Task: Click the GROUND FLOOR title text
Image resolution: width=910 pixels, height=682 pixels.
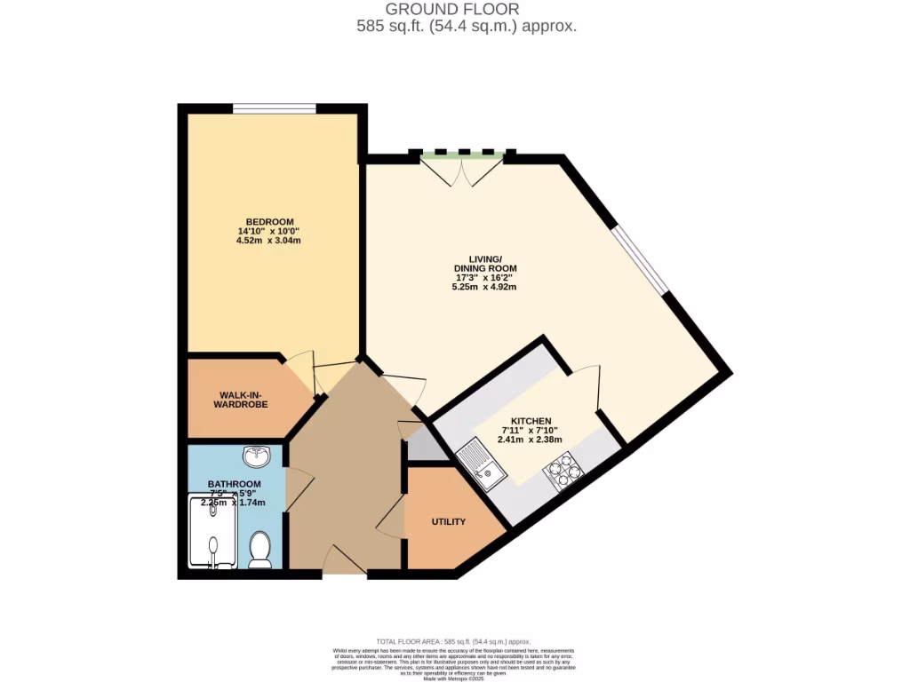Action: coord(467,10)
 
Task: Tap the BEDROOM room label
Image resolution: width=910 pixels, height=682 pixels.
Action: coord(269,222)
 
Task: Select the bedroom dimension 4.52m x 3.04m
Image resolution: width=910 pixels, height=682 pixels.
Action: coord(269,241)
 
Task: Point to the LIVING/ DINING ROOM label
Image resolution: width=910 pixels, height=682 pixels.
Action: coord(484,263)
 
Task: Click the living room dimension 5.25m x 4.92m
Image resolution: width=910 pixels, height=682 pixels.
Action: coord(484,287)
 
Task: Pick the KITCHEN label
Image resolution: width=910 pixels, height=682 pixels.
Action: coord(531,421)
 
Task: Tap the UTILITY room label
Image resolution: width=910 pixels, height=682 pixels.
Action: coord(448,521)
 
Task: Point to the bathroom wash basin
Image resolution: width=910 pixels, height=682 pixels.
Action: coord(259,456)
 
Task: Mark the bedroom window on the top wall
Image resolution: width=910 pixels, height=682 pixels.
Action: coord(275,109)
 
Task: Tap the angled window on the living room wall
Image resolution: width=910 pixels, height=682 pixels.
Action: coord(642,258)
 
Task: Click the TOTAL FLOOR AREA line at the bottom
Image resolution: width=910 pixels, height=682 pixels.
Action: coord(453,641)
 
